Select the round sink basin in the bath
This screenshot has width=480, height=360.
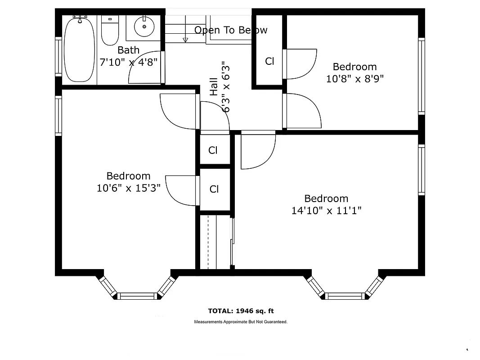tap(144, 27)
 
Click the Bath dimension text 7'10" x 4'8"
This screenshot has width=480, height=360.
tap(129, 62)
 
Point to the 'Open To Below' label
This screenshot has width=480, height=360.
tap(231, 30)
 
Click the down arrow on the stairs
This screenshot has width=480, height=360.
tap(185, 40)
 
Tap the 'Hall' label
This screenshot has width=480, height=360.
tap(214, 86)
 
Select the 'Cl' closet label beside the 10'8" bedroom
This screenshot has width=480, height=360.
tap(269, 61)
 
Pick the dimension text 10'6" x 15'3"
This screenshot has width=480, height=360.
tap(129, 188)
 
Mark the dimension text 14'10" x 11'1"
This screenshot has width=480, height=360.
tap(326, 210)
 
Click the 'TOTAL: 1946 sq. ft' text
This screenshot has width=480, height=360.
tap(241, 311)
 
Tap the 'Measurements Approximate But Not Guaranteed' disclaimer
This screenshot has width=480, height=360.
tap(241, 322)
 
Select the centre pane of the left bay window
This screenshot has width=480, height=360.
tap(138, 296)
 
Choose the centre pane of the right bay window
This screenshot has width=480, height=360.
tap(345, 296)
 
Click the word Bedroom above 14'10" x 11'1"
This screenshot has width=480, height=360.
tap(326, 198)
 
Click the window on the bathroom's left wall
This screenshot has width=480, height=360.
tap(58, 56)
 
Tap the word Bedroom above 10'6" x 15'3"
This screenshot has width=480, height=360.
tap(129, 176)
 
